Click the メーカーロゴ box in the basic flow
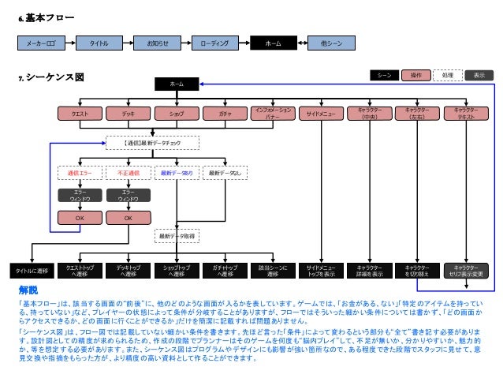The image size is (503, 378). pyautogui.click(x=41, y=43)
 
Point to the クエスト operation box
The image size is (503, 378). pyautogui.click(x=80, y=114)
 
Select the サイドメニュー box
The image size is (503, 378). pyautogui.click(x=321, y=114)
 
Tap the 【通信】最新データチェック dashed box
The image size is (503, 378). pyautogui.click(x=153, y=143)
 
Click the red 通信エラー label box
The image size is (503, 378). pyautogui.click(x=80, y=172)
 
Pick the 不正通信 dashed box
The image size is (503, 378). pyautogui.click(x=129, y=172)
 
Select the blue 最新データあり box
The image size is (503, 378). pyautogui.click(x=177, y=172)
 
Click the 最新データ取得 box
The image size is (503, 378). pyautogui.click(x=177, y=235)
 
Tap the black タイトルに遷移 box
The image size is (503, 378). pyautogui.click(x=32, y=271)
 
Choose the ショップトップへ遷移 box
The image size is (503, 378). pyautogui.click(x=177, y=271)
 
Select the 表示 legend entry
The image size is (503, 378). pyautogui.click(x=479, y=75)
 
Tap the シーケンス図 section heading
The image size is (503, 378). pyautogui.click(x=54, y=77)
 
